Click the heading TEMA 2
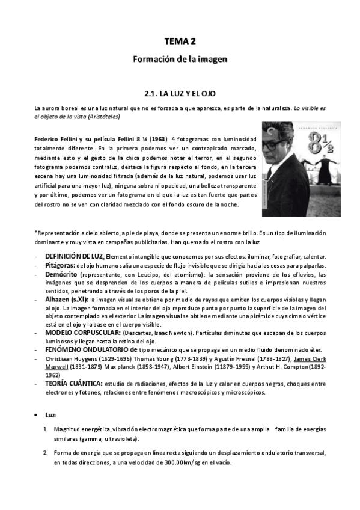(x=180, y=41)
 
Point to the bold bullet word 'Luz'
(x=50, y=415)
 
